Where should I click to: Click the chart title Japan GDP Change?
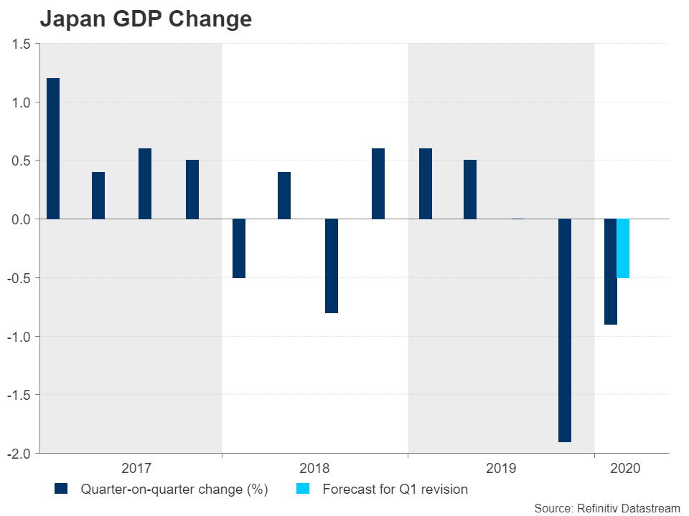click(146, 19)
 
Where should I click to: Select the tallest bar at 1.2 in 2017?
click(53, 148)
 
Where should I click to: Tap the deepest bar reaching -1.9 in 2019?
click(565, 330)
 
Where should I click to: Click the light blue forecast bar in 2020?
click(623, 248)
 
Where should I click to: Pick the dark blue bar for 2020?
click(610, 272)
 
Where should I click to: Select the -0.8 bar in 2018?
click(332, 266)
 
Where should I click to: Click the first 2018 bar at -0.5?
click(239, 248)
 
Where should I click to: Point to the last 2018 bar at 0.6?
click(378, 183)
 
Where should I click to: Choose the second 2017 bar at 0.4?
click(98, 195)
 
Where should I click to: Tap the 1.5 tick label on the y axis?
click(22, 44)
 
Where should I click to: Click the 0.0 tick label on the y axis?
click(22, 219)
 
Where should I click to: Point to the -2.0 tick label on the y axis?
click(19, 454)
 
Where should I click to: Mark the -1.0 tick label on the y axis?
click(19, 337)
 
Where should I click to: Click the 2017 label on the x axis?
click(136, 469)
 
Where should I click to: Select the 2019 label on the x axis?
click(501, 469)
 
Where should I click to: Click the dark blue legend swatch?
click(61, 489)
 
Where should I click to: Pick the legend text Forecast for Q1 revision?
click(395, 489)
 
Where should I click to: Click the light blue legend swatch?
click(304, 489)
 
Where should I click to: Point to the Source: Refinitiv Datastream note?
click(606, 507)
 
